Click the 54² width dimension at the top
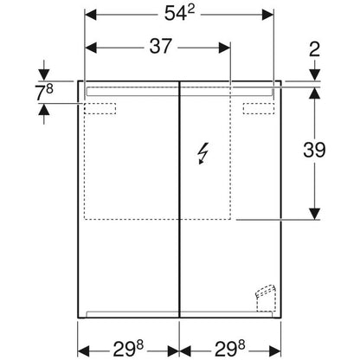[x=179, y=13]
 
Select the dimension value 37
[x=161, y=46]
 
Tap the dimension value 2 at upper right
[x=314, y=49]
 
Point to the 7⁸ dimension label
[x=45, y=93]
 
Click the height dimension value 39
[x=314, y=150]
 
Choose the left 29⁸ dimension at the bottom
[x=128, y=349]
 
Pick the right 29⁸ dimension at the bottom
[x=230, y=349]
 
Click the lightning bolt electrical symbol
[x=203, y=153]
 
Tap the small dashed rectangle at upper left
[x=100, y=108]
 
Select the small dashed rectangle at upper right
[x=259, y=108]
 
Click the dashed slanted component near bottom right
[x=265, y=298]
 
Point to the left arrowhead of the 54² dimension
[x=91, y=15]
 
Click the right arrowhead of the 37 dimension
[x=224, y=48]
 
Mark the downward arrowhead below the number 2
[x=314, y=75]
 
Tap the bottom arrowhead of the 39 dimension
[x=314, y=214]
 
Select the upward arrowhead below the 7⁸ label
[x=44, y=109]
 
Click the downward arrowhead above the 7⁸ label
[x=44, y=75]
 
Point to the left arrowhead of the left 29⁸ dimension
[x=84, y=351]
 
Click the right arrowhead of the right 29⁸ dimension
[x=275, y=351]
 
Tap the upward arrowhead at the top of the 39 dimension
[x=314, y=93]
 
